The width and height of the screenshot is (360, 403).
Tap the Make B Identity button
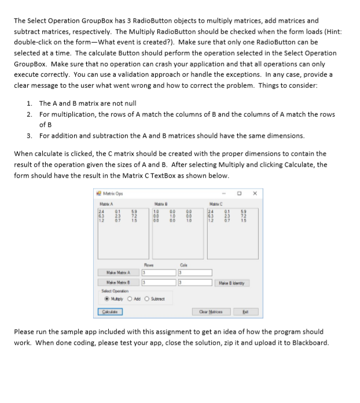point(231,283)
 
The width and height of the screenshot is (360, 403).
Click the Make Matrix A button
point(117,272)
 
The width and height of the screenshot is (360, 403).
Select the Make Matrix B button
point(117,283)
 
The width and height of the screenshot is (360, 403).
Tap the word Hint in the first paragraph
point(332,32)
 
